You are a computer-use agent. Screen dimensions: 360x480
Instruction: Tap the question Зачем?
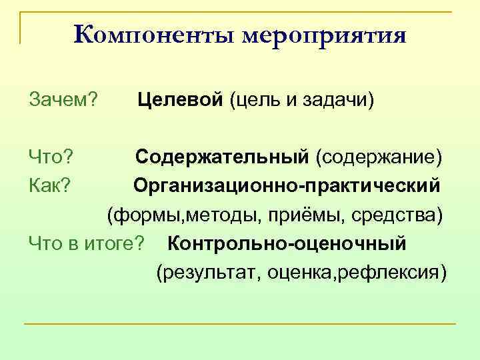pos(64,100)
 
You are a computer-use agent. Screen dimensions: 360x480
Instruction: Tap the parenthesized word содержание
pos(378,157)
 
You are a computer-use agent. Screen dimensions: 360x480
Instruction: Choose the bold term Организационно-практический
pos(287,185)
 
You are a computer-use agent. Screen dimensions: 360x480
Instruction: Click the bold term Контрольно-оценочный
pos(287,244)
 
